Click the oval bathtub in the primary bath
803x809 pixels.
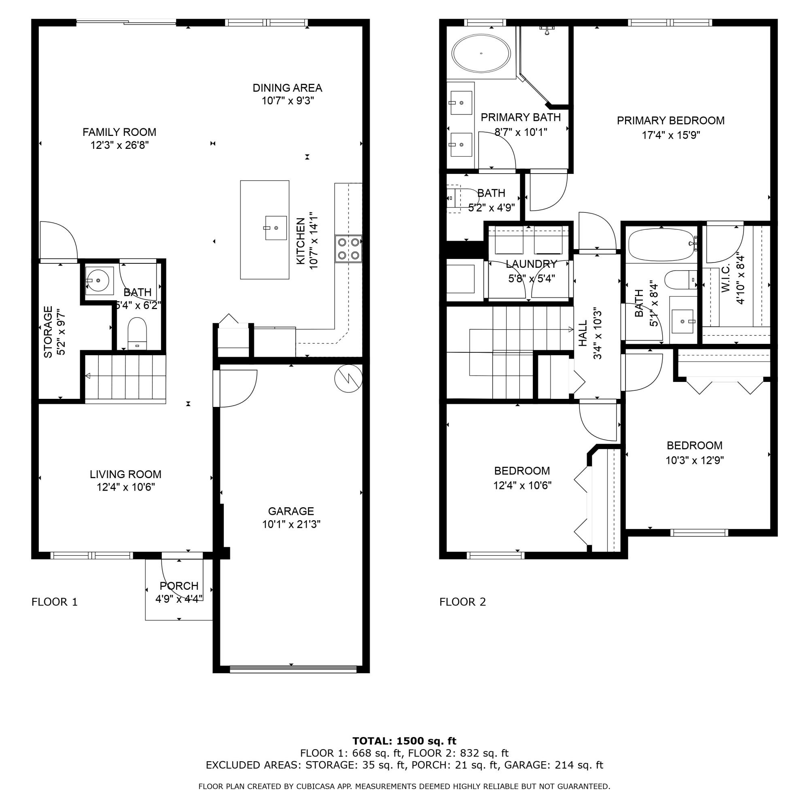481,54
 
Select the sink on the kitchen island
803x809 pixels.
275,228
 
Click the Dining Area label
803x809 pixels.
287,88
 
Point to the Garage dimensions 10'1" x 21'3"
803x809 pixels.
291,524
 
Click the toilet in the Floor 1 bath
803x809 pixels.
137,333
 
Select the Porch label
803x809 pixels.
179,586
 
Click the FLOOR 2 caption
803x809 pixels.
462,602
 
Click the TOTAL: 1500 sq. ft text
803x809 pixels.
404,741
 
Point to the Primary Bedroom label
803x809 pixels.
670,121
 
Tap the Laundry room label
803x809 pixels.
531,264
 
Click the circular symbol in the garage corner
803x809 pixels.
348,378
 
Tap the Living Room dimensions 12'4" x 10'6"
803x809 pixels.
125,487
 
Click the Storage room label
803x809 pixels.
48,332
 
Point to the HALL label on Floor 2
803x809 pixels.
583,333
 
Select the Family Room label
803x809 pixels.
119,132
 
